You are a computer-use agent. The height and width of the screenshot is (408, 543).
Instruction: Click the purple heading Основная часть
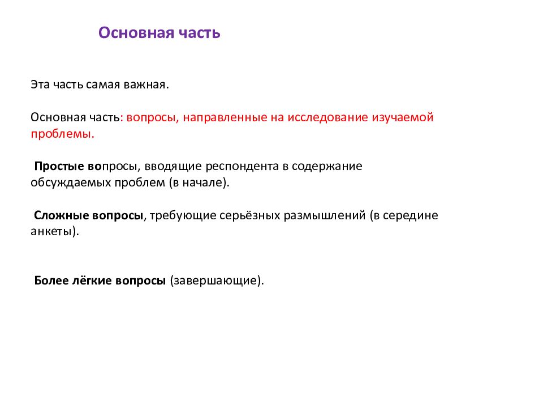[x=160, y=33]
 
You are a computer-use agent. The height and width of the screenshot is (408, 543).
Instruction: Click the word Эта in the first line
[x=41, y=85]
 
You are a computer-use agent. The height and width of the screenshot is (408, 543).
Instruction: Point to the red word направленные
[x=218, y=118]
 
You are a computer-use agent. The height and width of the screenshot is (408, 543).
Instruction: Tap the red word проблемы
[x=62, y=134]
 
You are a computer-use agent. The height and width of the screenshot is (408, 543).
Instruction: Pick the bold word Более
[x=51, y=281]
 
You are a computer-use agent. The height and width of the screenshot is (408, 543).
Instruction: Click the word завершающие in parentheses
[x=217, y=281]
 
